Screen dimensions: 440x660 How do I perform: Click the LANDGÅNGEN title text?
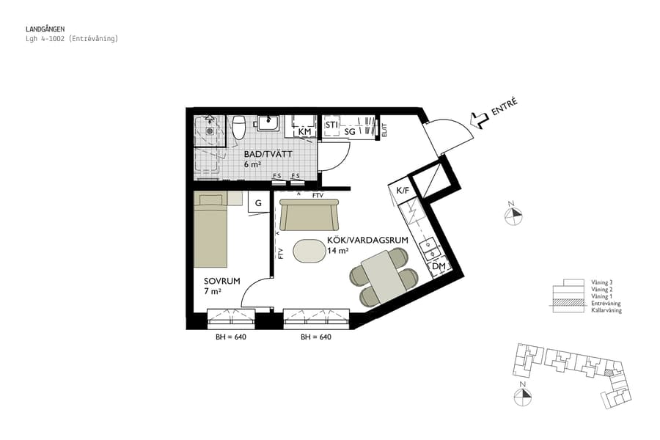(45, 29)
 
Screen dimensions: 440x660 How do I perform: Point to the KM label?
(305, 132)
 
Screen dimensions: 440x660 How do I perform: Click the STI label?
(331, 125)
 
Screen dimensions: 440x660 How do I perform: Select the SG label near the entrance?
(350, 132)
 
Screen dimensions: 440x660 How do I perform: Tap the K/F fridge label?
(403, 191)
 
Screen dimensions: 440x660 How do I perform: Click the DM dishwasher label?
(439, 267)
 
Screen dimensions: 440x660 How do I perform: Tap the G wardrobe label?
(258, 203)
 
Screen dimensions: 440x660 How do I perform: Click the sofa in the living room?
(309, 216)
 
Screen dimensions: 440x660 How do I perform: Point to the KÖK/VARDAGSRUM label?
(358, 240)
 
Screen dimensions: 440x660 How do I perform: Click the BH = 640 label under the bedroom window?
(230, 338)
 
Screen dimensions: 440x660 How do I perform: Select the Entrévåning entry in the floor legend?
(606, 303)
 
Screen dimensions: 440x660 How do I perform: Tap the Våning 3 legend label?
(601, 282)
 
